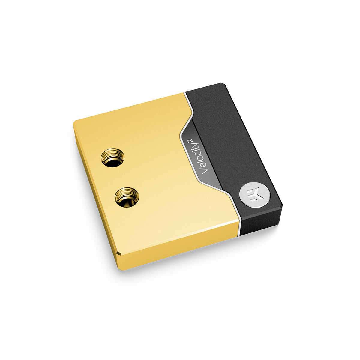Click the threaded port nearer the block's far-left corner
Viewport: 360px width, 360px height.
112,157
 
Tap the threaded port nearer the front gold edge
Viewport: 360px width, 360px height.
127,198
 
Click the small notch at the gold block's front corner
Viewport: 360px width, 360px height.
119,253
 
